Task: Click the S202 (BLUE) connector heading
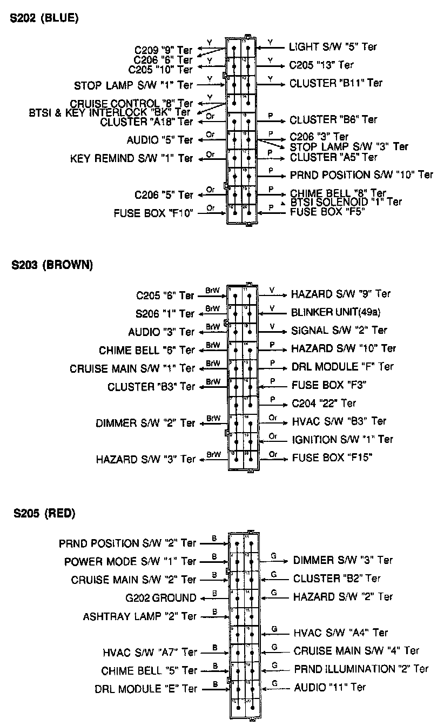44,18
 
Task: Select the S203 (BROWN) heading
52,265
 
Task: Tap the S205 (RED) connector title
44,513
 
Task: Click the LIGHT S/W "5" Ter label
333,47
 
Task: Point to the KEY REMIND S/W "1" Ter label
131,159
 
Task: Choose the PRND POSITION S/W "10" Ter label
361,175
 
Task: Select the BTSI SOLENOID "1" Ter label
346,202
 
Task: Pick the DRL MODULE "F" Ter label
342,367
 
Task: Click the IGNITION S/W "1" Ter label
342,440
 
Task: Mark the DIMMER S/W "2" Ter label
145,423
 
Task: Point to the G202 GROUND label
160,598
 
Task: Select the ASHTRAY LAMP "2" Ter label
140,616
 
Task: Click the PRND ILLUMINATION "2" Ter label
361,669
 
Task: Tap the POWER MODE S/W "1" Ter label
130,562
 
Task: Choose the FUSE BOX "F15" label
332,458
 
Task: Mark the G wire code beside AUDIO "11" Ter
274,683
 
